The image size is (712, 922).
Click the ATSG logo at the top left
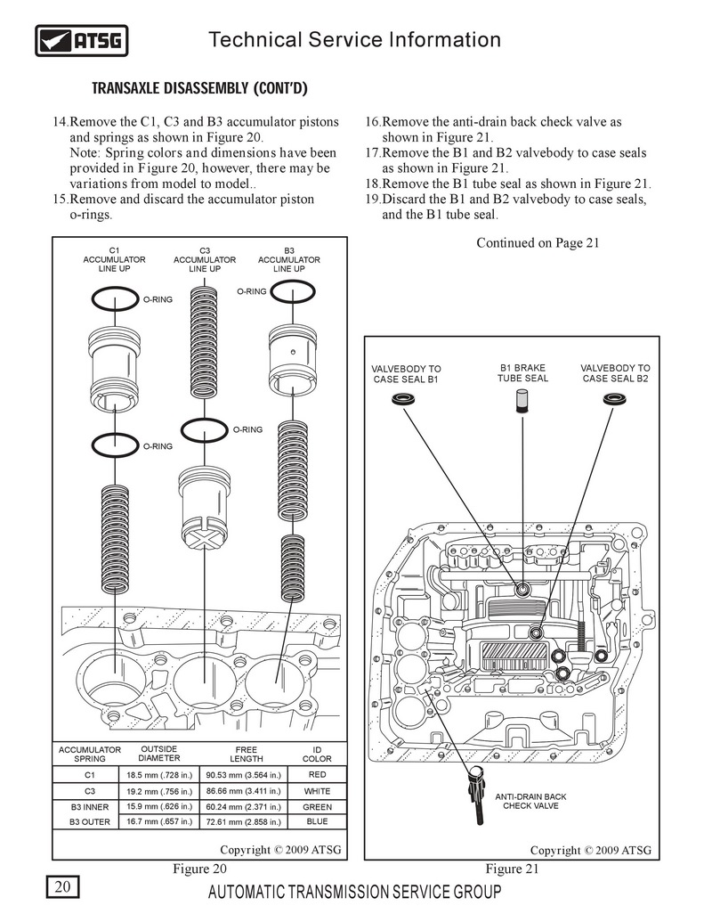81,40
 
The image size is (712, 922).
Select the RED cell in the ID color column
317,775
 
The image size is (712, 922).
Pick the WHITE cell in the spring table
317,790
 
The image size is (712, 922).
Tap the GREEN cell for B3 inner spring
317,806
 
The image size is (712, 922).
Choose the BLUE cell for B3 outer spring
317,821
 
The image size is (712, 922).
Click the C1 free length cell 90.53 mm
245,775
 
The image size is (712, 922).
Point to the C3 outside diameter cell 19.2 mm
159,790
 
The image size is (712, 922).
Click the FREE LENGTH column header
246,755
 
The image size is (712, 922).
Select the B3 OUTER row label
90,821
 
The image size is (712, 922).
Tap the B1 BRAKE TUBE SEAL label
522,372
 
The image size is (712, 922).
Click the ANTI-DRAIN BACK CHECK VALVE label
530,801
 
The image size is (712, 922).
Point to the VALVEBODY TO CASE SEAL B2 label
615,373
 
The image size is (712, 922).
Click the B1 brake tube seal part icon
523,403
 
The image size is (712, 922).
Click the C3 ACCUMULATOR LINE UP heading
205,259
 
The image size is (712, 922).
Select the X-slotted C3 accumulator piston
205,512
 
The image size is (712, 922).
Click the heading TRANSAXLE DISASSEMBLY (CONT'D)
200,89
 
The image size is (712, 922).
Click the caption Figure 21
512,869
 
